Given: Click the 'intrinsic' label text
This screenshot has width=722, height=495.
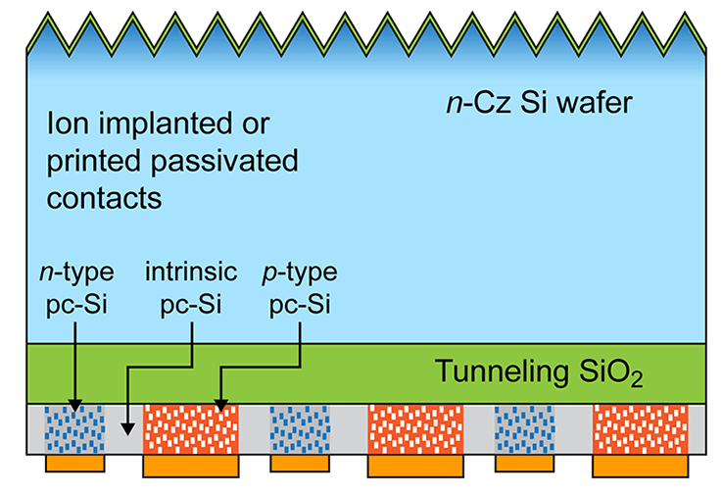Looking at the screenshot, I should click(191, 272).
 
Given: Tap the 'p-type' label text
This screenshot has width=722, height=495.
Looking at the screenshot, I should click(301, 272).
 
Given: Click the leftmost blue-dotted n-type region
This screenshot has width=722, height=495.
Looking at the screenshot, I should click(75, 428).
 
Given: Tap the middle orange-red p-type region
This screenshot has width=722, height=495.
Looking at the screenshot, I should click(414, 428).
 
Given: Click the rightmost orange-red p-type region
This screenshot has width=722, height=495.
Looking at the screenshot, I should click(640, 428).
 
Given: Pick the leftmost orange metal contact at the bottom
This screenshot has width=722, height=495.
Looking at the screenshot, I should click(75, 462).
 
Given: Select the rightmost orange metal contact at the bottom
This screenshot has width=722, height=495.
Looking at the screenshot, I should click(640, 467).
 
